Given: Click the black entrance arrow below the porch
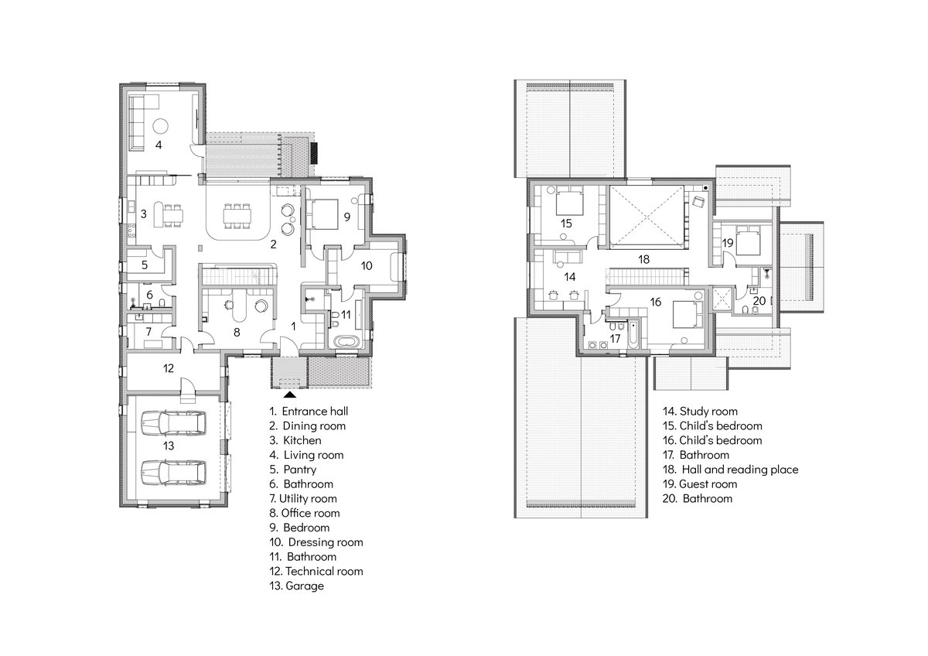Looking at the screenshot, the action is click(290, 395).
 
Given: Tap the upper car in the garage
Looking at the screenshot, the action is click(173, 423).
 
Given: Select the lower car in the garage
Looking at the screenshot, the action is click(173, 473).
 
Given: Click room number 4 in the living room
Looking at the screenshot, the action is click(159, 145).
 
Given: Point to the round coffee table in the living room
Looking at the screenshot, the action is click(160, 125).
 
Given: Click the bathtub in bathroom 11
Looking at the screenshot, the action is click(348, 343).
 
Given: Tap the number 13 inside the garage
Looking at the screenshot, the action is click(169, 446).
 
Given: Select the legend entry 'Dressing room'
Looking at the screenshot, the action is click(326, 542).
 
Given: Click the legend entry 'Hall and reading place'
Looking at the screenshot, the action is click(740, 470).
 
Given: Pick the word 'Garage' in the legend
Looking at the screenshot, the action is click(305, 586).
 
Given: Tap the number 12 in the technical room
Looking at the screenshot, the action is click(169, 368).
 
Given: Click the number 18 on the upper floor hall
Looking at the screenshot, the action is click(643, 259).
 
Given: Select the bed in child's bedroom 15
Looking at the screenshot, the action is click(569, 201).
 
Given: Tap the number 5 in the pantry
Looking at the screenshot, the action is click(145, 265).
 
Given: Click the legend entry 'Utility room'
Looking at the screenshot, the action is click(308, 498).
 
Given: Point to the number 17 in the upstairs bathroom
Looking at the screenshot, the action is click(615, 339).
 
